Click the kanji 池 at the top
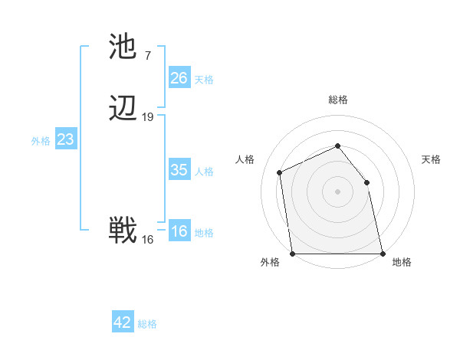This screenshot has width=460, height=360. [x=123, y=48]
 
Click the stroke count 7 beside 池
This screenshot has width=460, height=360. [x=147, y=56]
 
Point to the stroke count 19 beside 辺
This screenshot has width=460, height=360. [x=148, y=117]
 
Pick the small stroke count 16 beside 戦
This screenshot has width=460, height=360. [x=148, y=240]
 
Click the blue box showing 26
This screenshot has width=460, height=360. [x=179, y=78]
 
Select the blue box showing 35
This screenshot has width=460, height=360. [x=179, y=170]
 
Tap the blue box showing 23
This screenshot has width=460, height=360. [x=66, y=139]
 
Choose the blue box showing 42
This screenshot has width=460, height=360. [x=123, y=322]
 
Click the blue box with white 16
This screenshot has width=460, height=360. [x=179, y=231]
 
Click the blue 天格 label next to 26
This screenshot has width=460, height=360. [x=204, y=80]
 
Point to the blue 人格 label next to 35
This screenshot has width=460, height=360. [x=204, y=172]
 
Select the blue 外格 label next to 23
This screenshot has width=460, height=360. [x=41, y=141]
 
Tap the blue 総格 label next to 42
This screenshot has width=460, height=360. [x=147, y=324]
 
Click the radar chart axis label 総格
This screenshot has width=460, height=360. [x=338, y=100]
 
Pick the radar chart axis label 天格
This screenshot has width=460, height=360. [x=431, y=159]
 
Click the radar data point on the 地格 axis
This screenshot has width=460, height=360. [x=382, y=254]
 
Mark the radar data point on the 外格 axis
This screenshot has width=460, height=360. [x=293, y=254]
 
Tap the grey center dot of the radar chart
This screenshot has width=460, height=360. [x=337, y=191]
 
